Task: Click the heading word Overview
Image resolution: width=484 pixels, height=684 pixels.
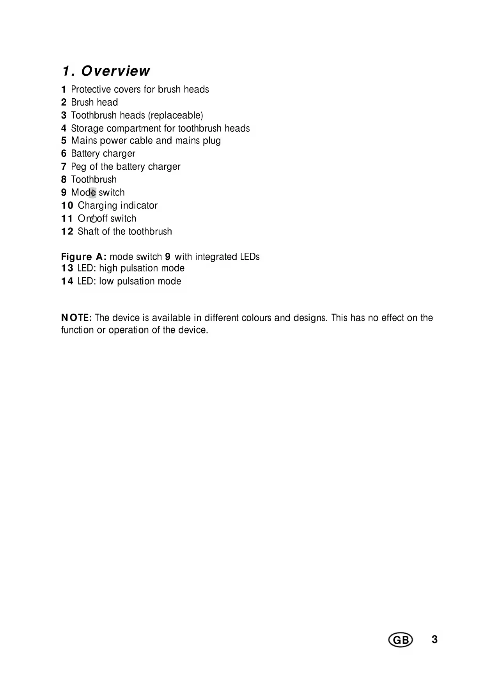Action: click(x=115, y=71)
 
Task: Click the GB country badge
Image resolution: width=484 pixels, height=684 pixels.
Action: click(x=401, y=640)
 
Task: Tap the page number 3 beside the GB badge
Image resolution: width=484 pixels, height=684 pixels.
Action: click(x=435, y=640)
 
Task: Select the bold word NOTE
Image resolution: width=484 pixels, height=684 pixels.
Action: click(x=76, y=318)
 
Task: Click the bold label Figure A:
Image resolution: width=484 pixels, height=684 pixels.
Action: click(x=84, y=257)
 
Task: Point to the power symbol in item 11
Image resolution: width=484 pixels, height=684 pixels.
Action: click(x=94, y=219)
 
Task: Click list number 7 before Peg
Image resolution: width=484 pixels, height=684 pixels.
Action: click(x=64, y=167)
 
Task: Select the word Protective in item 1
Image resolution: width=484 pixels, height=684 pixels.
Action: click(x=91, y=89)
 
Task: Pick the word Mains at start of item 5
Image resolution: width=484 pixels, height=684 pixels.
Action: click(x=84, y=141)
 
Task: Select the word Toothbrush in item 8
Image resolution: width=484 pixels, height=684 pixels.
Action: click(x=94, y=180)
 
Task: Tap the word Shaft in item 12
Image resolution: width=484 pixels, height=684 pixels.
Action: click(x=88, y=232)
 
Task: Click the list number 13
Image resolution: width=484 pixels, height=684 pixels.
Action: click(x=67, y=268)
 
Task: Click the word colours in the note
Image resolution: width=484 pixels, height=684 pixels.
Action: click(x=256, y=318)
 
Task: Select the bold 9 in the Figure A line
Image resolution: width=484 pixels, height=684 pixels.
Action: click(x=168, y=257)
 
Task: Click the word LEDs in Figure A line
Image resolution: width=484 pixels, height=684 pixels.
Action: click(x=250, y=257)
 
